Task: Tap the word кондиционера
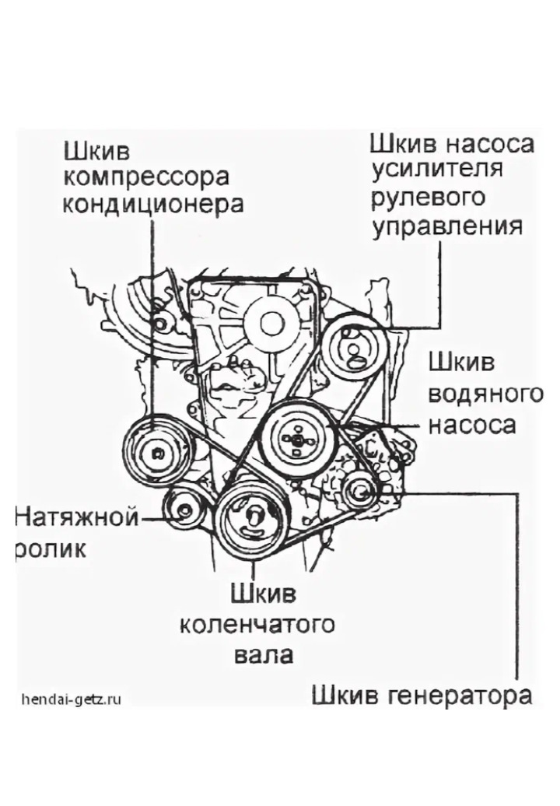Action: (153, 205)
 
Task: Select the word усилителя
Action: (437, 171)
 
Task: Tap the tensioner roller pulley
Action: (184, 510)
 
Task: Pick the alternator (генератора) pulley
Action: (359, 491)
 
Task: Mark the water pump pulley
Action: (296, 440)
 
